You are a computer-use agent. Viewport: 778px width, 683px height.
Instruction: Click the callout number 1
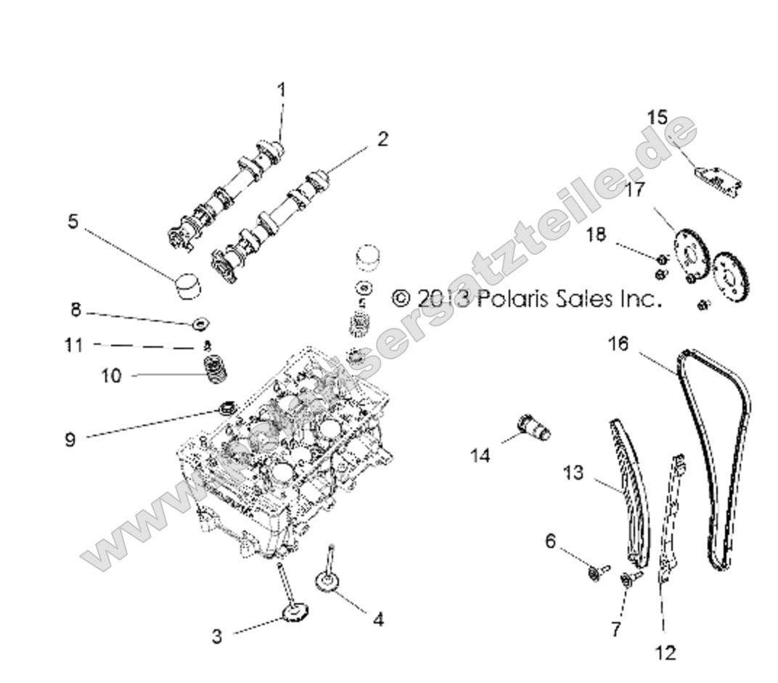click(282, 90)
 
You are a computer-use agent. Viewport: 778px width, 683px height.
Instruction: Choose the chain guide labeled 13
click(628, 501)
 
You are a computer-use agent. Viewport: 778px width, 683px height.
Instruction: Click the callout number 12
click(666, 653)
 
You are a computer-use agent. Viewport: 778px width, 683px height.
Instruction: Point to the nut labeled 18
click(662, 259)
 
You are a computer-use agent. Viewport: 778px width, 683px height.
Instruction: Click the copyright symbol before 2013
click(401, 298)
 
